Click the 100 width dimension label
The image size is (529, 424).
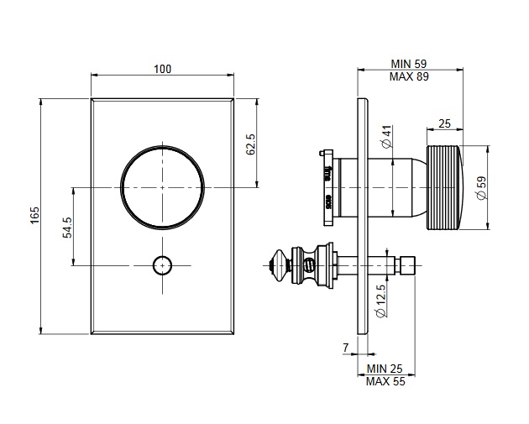[x=163, y=69]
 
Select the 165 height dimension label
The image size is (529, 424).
[x=35, y=215]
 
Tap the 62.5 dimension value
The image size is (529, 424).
[x=251, y=144]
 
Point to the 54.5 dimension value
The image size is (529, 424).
[x=67, y=228]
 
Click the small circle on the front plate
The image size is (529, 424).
[x=162, y=265]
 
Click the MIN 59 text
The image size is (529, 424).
[x=409, y=64]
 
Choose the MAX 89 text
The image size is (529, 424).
[x=409, y=76]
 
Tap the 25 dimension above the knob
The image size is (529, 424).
[x=444, y=123]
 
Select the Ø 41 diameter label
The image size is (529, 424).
[x=387, y=136]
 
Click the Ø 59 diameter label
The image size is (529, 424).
[x=482, y=187]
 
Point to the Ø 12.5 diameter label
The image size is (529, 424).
[x=381, y=301]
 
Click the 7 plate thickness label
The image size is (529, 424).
[x=345, y=348]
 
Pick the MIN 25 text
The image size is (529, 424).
[x=385, y=369]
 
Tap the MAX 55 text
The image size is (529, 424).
[x=385, y=381]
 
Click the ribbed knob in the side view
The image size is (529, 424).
[x=445, y=187]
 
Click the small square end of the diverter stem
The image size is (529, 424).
[x=407, y=265]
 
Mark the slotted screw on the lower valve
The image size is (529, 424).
[x=309, y=264]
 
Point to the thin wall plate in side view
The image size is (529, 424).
[x=363, y=217]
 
